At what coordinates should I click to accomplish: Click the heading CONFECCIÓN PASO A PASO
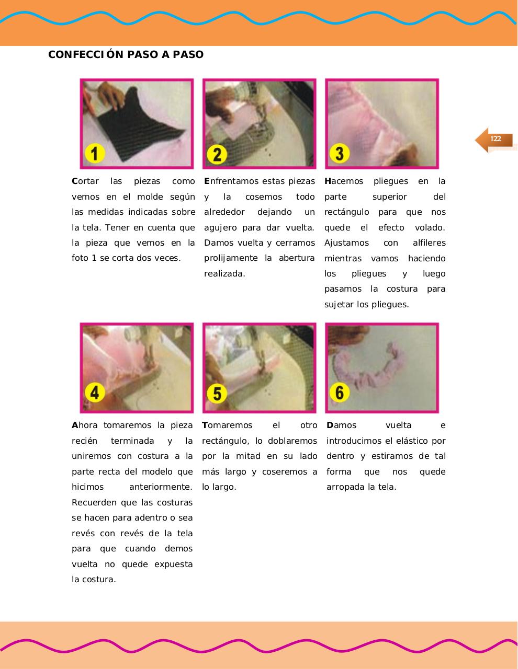tap(126, 55)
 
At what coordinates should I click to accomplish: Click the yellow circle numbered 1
tap(95, 154)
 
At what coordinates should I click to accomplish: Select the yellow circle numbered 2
tap(217, 154)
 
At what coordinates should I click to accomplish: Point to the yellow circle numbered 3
tap(339, 154)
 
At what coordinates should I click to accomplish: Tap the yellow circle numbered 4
tap(95, 392)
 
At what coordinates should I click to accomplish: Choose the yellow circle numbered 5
tap(217, 393)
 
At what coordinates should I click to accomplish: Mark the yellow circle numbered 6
tap(339, 393)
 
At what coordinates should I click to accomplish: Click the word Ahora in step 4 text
tap(85, 425)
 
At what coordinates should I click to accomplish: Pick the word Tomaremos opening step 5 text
tap(227, 425)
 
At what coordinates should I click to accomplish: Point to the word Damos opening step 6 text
tap(341, 425)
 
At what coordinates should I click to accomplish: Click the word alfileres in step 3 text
tap(429, 243)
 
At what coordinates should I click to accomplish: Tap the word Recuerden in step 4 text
tap(93, 503)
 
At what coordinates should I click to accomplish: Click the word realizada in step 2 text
tap(224, 274)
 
